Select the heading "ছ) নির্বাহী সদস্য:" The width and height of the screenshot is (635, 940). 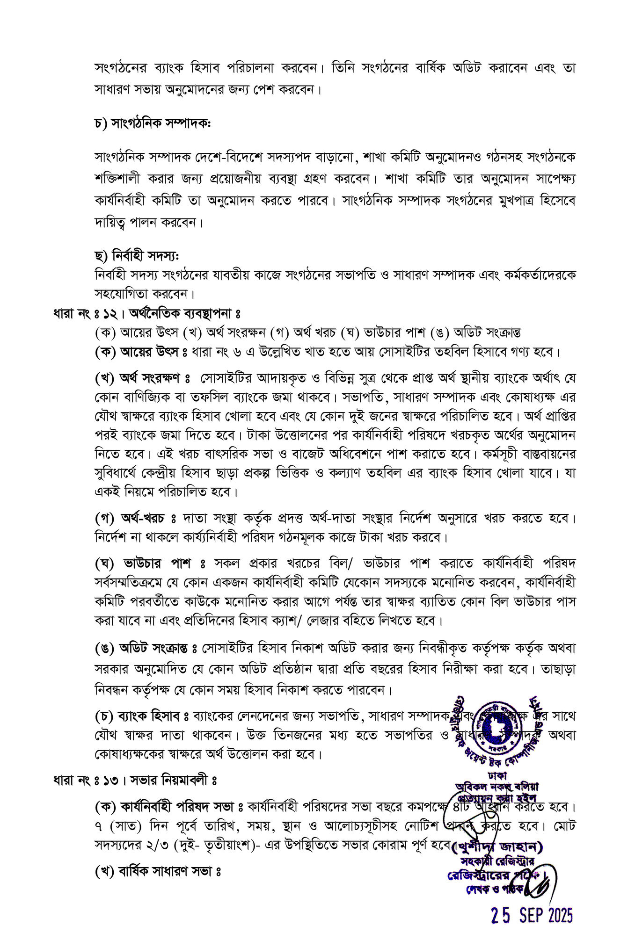coord(137,256)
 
